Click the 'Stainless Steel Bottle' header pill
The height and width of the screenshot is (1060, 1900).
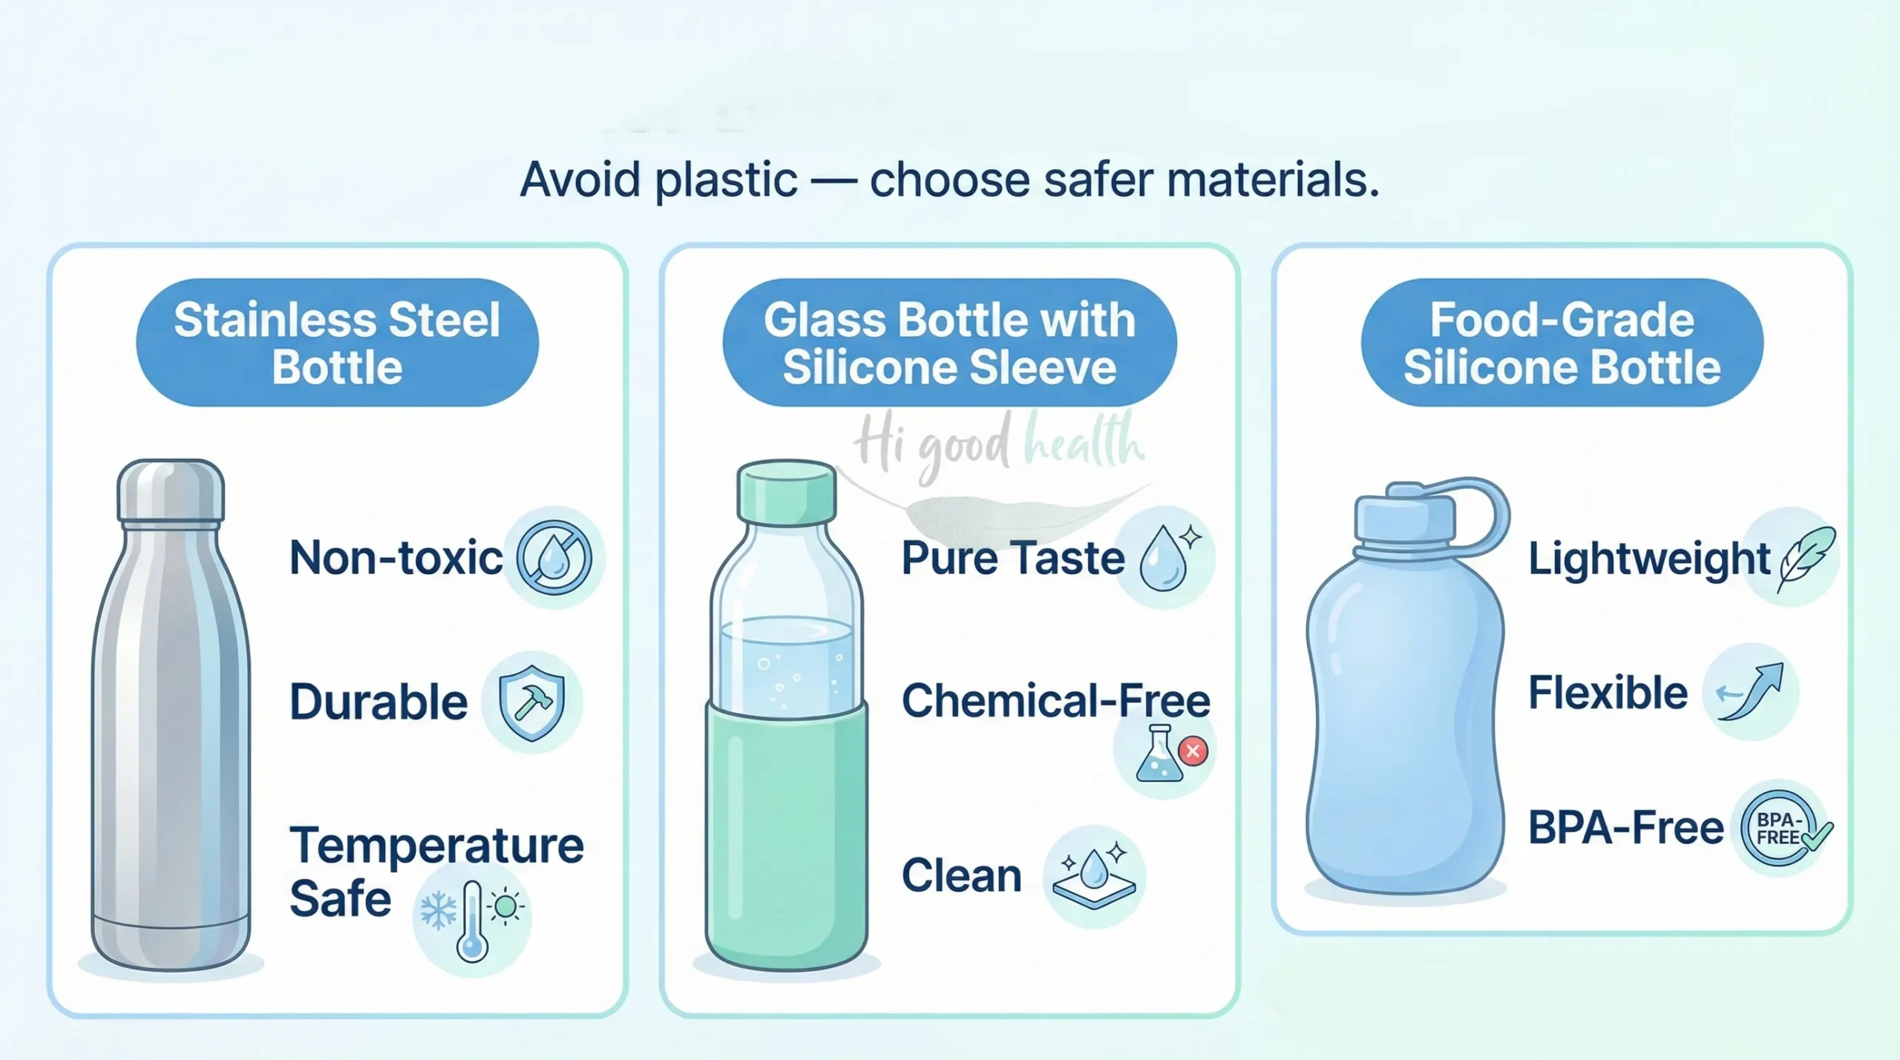pos(337,343)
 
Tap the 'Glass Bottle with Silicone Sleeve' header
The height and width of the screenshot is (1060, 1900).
pos(949,343)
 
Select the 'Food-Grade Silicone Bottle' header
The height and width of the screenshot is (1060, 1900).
pos(1562,343)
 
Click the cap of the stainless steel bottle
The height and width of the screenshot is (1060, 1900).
pos(171,490)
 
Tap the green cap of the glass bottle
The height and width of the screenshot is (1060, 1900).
pos(787,491)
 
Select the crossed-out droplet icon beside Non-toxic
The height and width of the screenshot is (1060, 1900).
pos(554,558)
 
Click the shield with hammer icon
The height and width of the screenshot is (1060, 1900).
pos(531,702)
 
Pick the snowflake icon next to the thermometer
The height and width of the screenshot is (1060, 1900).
pos(438,910)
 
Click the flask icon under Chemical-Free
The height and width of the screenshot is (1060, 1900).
pos(1158,754)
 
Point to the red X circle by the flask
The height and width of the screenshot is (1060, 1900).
pos(1193,751)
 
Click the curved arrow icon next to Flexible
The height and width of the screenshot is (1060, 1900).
pos(1750,691)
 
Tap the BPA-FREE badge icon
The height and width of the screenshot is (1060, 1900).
pos(1780,829)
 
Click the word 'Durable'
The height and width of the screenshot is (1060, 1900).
pos(379,702)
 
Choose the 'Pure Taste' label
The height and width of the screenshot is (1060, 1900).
pos(1013,558)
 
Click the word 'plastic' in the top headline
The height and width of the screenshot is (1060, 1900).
pos(727,180)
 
